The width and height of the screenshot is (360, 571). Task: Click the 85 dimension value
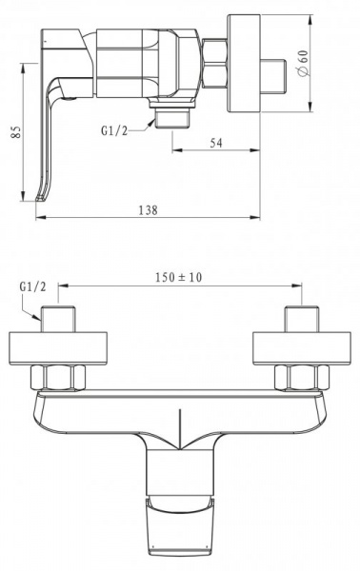(15, 132)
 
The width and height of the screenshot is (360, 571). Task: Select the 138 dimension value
(149, 210)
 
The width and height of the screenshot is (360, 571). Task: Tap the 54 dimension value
(215, 143)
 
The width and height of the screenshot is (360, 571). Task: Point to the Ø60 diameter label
(304, 63)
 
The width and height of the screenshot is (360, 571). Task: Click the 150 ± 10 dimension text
(178, 278)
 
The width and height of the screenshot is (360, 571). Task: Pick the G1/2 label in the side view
(114, 130)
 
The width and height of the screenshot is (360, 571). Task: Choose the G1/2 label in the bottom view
(33, 287)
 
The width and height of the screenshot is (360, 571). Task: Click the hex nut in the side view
(214, 64)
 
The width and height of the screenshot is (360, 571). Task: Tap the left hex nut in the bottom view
(58, 378)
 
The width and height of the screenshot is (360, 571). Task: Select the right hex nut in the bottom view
(302, 378)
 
